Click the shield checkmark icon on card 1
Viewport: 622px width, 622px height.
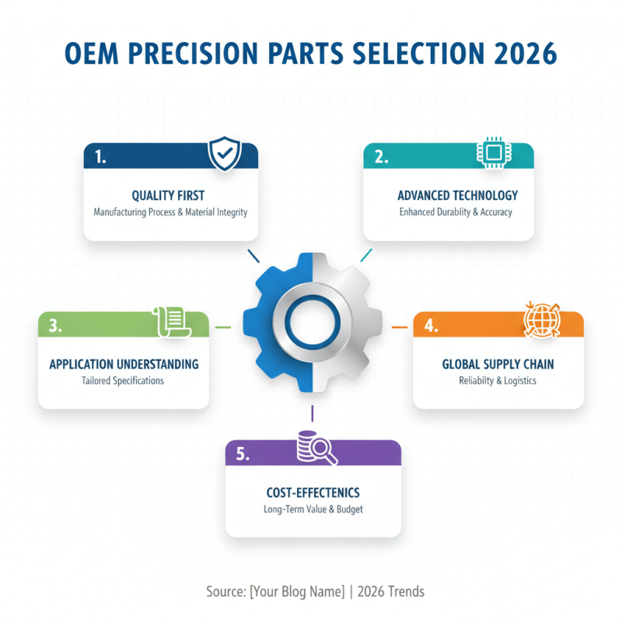[x=225, y=153]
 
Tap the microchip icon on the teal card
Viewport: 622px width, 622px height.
[x=492, y=153]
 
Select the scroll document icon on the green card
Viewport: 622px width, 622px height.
[x=173, y=321]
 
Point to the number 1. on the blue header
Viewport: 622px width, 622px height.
[x=100, y=156]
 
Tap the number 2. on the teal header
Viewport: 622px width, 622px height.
[x=381, y=156]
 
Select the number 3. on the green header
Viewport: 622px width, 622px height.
[x=55, y=326]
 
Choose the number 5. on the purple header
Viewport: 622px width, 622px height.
[x=243, y=454]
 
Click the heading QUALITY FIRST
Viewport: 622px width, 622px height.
[x=169, y=196]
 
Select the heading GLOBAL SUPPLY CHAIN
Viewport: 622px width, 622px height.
[x=498, y=364]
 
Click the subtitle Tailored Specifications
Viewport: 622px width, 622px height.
[x=123, y=381]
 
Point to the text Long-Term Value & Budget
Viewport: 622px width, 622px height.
[x=313, y=510]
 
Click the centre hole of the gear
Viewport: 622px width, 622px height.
[x=312, y=322]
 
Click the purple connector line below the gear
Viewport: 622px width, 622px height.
[x=312, y=413]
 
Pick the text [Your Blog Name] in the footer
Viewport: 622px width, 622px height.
[x=297, y=592]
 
